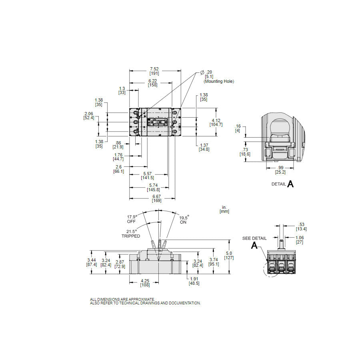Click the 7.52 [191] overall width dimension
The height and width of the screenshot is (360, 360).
coord(154,71)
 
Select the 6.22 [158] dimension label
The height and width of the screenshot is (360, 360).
coord(153,82)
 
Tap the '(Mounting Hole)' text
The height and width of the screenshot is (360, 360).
coord(219,82)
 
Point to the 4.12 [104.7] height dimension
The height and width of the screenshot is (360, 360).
coord(216,122)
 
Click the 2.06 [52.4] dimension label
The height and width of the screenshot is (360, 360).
coord(89,116)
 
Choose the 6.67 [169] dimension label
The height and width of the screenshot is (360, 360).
coord(157,198)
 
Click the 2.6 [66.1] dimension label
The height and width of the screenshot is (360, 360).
coord(119,169)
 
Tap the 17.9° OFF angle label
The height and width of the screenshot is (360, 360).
coord(132,219)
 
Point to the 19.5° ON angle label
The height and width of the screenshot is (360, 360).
coord(184,220)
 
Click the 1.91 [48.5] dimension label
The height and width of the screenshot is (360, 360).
coord(194,281)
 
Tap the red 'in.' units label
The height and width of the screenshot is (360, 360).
coord(224,207)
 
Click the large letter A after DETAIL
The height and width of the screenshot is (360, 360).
coord(291,184)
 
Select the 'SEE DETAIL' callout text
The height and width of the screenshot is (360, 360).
coord(254,238)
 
